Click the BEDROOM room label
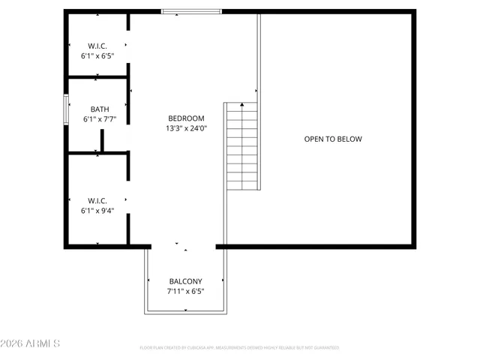(185, 118)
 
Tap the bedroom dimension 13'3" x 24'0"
(185, 128)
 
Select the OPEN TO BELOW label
(332, 139)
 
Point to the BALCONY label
(185, 281)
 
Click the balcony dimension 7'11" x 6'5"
(185, 291)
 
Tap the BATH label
(99, 109)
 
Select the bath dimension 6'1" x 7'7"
(99, 119)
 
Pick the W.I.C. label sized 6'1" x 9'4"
(97, 200)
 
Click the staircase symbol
(242, 146)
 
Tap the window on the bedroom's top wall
(192, 11)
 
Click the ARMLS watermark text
(43, 343)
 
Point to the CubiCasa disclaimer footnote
(239, 348)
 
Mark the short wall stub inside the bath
(102, 140)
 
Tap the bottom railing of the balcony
(185, 313)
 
